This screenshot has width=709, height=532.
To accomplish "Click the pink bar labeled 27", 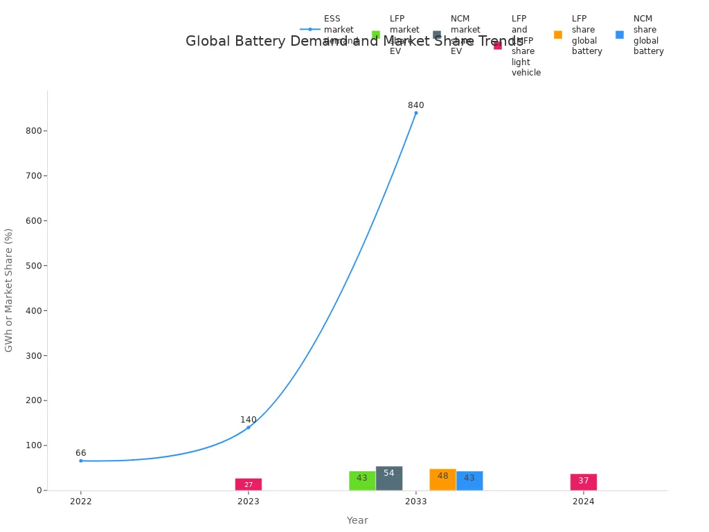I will point(248,484).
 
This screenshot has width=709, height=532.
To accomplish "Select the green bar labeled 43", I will point(362,480).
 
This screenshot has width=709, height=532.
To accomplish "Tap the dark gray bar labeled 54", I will point(389,478).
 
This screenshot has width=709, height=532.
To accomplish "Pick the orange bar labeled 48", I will point(442,479).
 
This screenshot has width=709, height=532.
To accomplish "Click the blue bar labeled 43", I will point(469,480).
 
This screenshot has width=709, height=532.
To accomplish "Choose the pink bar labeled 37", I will point(583,482).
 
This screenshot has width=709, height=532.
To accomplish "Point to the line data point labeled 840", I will point(416,113).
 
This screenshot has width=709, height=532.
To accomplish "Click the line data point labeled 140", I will point(249,427).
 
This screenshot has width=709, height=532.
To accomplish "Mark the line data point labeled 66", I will point(81,461).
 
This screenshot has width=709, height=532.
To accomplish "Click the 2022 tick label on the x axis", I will point(81,502).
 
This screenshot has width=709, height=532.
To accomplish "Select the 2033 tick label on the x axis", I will point(416,502).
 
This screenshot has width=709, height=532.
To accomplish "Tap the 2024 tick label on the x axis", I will point(584,502).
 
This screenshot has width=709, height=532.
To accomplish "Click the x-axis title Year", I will point(357,520).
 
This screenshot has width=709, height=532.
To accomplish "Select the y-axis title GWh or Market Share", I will point(9,290).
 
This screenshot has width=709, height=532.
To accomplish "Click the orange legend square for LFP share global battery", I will point(558,35).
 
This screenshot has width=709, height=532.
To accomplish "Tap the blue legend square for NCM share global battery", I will point(620,35).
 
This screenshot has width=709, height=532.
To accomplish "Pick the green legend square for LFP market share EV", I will point(376,35).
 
